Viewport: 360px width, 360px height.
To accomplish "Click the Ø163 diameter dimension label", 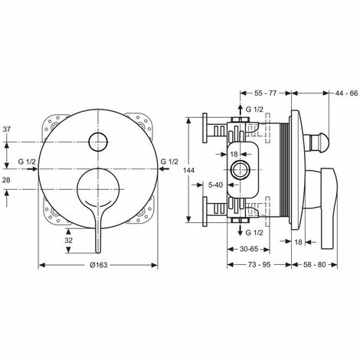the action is click(99, 265).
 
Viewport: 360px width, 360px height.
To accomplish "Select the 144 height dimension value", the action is click(189, 170).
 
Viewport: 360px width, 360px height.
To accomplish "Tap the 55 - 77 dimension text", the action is click(266, 93).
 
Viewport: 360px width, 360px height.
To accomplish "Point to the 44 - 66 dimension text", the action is click(346, 93).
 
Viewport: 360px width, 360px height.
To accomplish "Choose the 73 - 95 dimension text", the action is click(259, 265).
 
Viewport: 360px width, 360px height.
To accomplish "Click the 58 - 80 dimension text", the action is click(315, 265).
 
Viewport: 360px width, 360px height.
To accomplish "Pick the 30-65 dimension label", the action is click(249, 249).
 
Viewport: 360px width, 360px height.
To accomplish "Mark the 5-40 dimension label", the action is click(216, 185).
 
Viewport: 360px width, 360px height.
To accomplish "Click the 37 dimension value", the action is click(7, 129).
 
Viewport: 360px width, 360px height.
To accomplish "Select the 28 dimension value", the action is click(6, 180).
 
